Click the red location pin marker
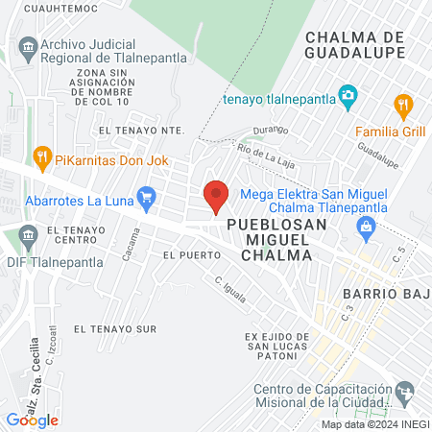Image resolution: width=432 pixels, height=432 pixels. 217,196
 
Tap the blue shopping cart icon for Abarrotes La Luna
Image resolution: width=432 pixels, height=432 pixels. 146,200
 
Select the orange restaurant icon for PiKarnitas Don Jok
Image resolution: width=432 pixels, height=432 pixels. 41,155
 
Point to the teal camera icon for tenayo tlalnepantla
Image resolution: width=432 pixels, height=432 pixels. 348,96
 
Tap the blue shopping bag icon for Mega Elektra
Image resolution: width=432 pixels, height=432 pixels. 365,228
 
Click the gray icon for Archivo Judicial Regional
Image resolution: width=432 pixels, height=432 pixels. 27,45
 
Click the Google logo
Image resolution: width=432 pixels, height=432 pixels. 32,420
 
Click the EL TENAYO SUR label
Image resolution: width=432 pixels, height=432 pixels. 114,328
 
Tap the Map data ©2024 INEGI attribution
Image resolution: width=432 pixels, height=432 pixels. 374,424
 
